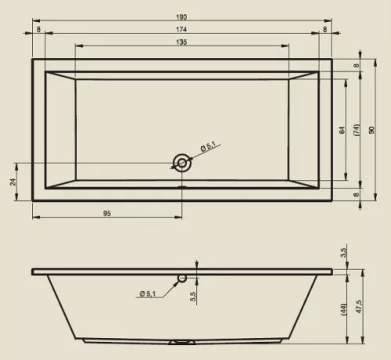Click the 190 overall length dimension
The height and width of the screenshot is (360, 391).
tap(181, 17)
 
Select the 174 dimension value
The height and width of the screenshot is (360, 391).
tap(181, 30)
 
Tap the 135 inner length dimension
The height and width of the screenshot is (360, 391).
tap(181, 42)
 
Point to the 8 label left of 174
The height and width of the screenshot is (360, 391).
tap(38, 30)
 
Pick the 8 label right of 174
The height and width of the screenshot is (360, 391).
tap(325, 30)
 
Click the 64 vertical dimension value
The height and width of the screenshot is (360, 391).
tap(342, 130)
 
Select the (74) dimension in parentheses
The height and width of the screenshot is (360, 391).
tap(357, 130)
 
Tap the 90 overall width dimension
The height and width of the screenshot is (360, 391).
tap(371, 130)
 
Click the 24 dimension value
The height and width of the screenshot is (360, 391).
tap(13, 182)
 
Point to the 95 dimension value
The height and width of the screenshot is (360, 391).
tap(107, 214)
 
